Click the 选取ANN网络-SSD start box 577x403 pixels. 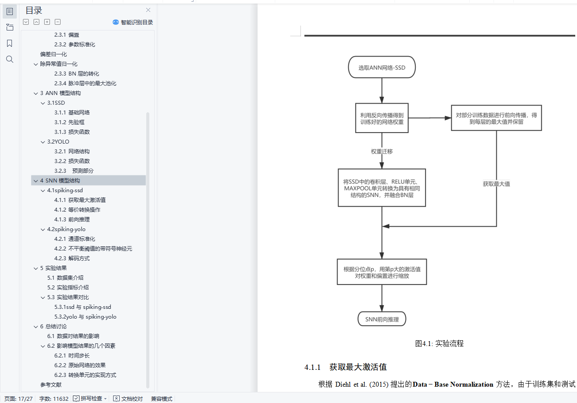click(382, 68)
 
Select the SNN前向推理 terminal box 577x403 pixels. click(381, 319)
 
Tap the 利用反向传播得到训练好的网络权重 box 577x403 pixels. click(382, 118)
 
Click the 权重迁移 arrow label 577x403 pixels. click(382, 151)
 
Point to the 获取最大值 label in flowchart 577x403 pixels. click(496, 184)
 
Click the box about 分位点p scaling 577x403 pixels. click(382, 272)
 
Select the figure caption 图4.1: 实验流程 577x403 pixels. click(439, 343)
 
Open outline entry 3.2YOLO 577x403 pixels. click(58, 142)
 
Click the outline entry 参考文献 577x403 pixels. click(51, 385)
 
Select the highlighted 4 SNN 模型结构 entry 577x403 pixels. click(60, 181)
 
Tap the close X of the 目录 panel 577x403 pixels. click(148, 10)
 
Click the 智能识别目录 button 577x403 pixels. click(133, 22)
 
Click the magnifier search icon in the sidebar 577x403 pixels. click(10, 59)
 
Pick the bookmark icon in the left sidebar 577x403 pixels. click(10, 43)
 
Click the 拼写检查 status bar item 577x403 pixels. click(91, 399)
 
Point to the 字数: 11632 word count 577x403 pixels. click(54, 399)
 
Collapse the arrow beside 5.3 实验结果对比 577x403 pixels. click(43, 297)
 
